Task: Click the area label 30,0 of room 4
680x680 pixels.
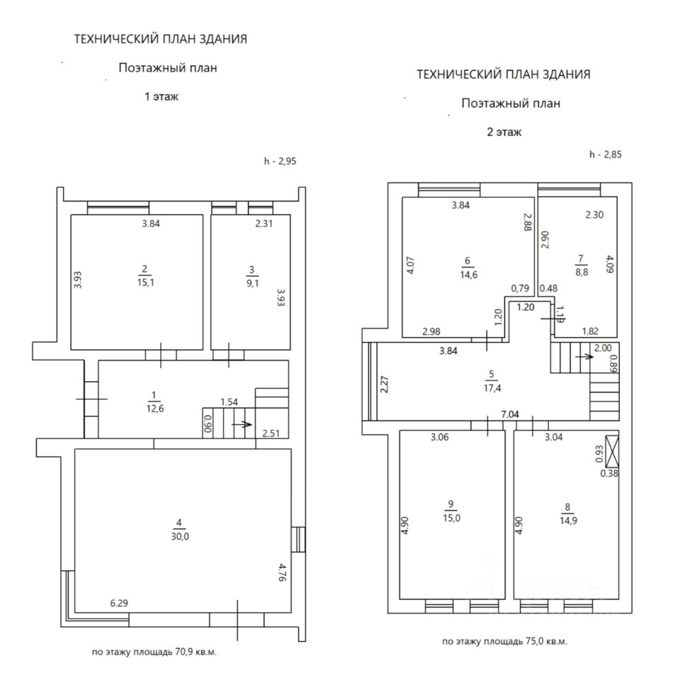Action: point(178,536)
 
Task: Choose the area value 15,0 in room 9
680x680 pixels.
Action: point(450,518)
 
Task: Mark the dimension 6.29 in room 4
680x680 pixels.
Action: point(118,603)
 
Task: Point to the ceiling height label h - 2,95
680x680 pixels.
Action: point(280,161)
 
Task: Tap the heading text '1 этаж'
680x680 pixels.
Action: point(161,97)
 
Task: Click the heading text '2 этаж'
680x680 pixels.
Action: point(504,132)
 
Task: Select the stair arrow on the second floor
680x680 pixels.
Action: point(584,356)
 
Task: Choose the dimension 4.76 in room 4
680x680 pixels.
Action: point(282,572)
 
